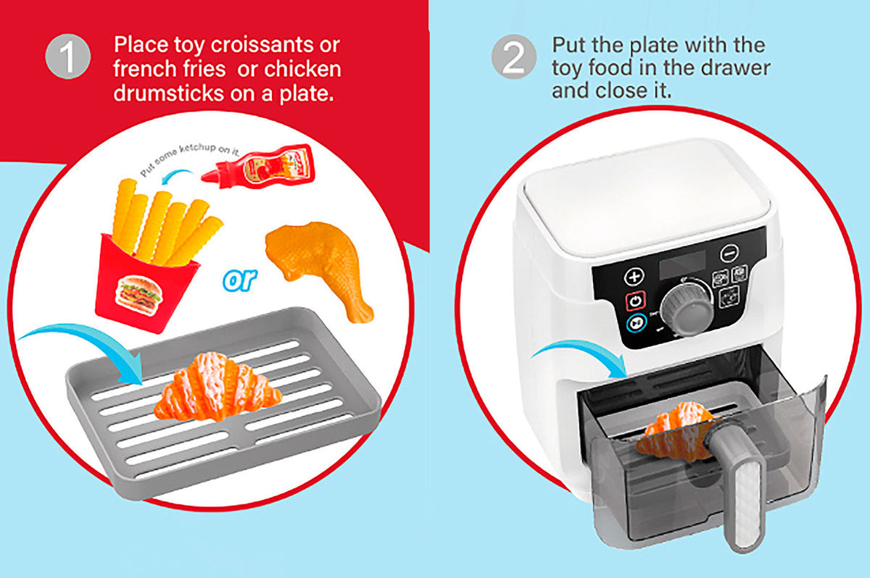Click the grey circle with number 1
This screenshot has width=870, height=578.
point(68,56)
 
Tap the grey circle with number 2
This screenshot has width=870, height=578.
point(514,56)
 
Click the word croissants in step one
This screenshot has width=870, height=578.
point(262,45)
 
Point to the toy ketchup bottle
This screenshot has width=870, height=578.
point(258,167)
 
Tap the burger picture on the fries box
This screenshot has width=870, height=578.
point(139,295)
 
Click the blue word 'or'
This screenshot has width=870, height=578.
point(240,280)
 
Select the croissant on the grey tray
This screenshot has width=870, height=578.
point(218,388)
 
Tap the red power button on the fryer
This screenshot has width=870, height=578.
point(635,301)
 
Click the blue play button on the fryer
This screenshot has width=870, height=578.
point(637,323)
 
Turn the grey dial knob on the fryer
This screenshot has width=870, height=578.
point(687,308)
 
